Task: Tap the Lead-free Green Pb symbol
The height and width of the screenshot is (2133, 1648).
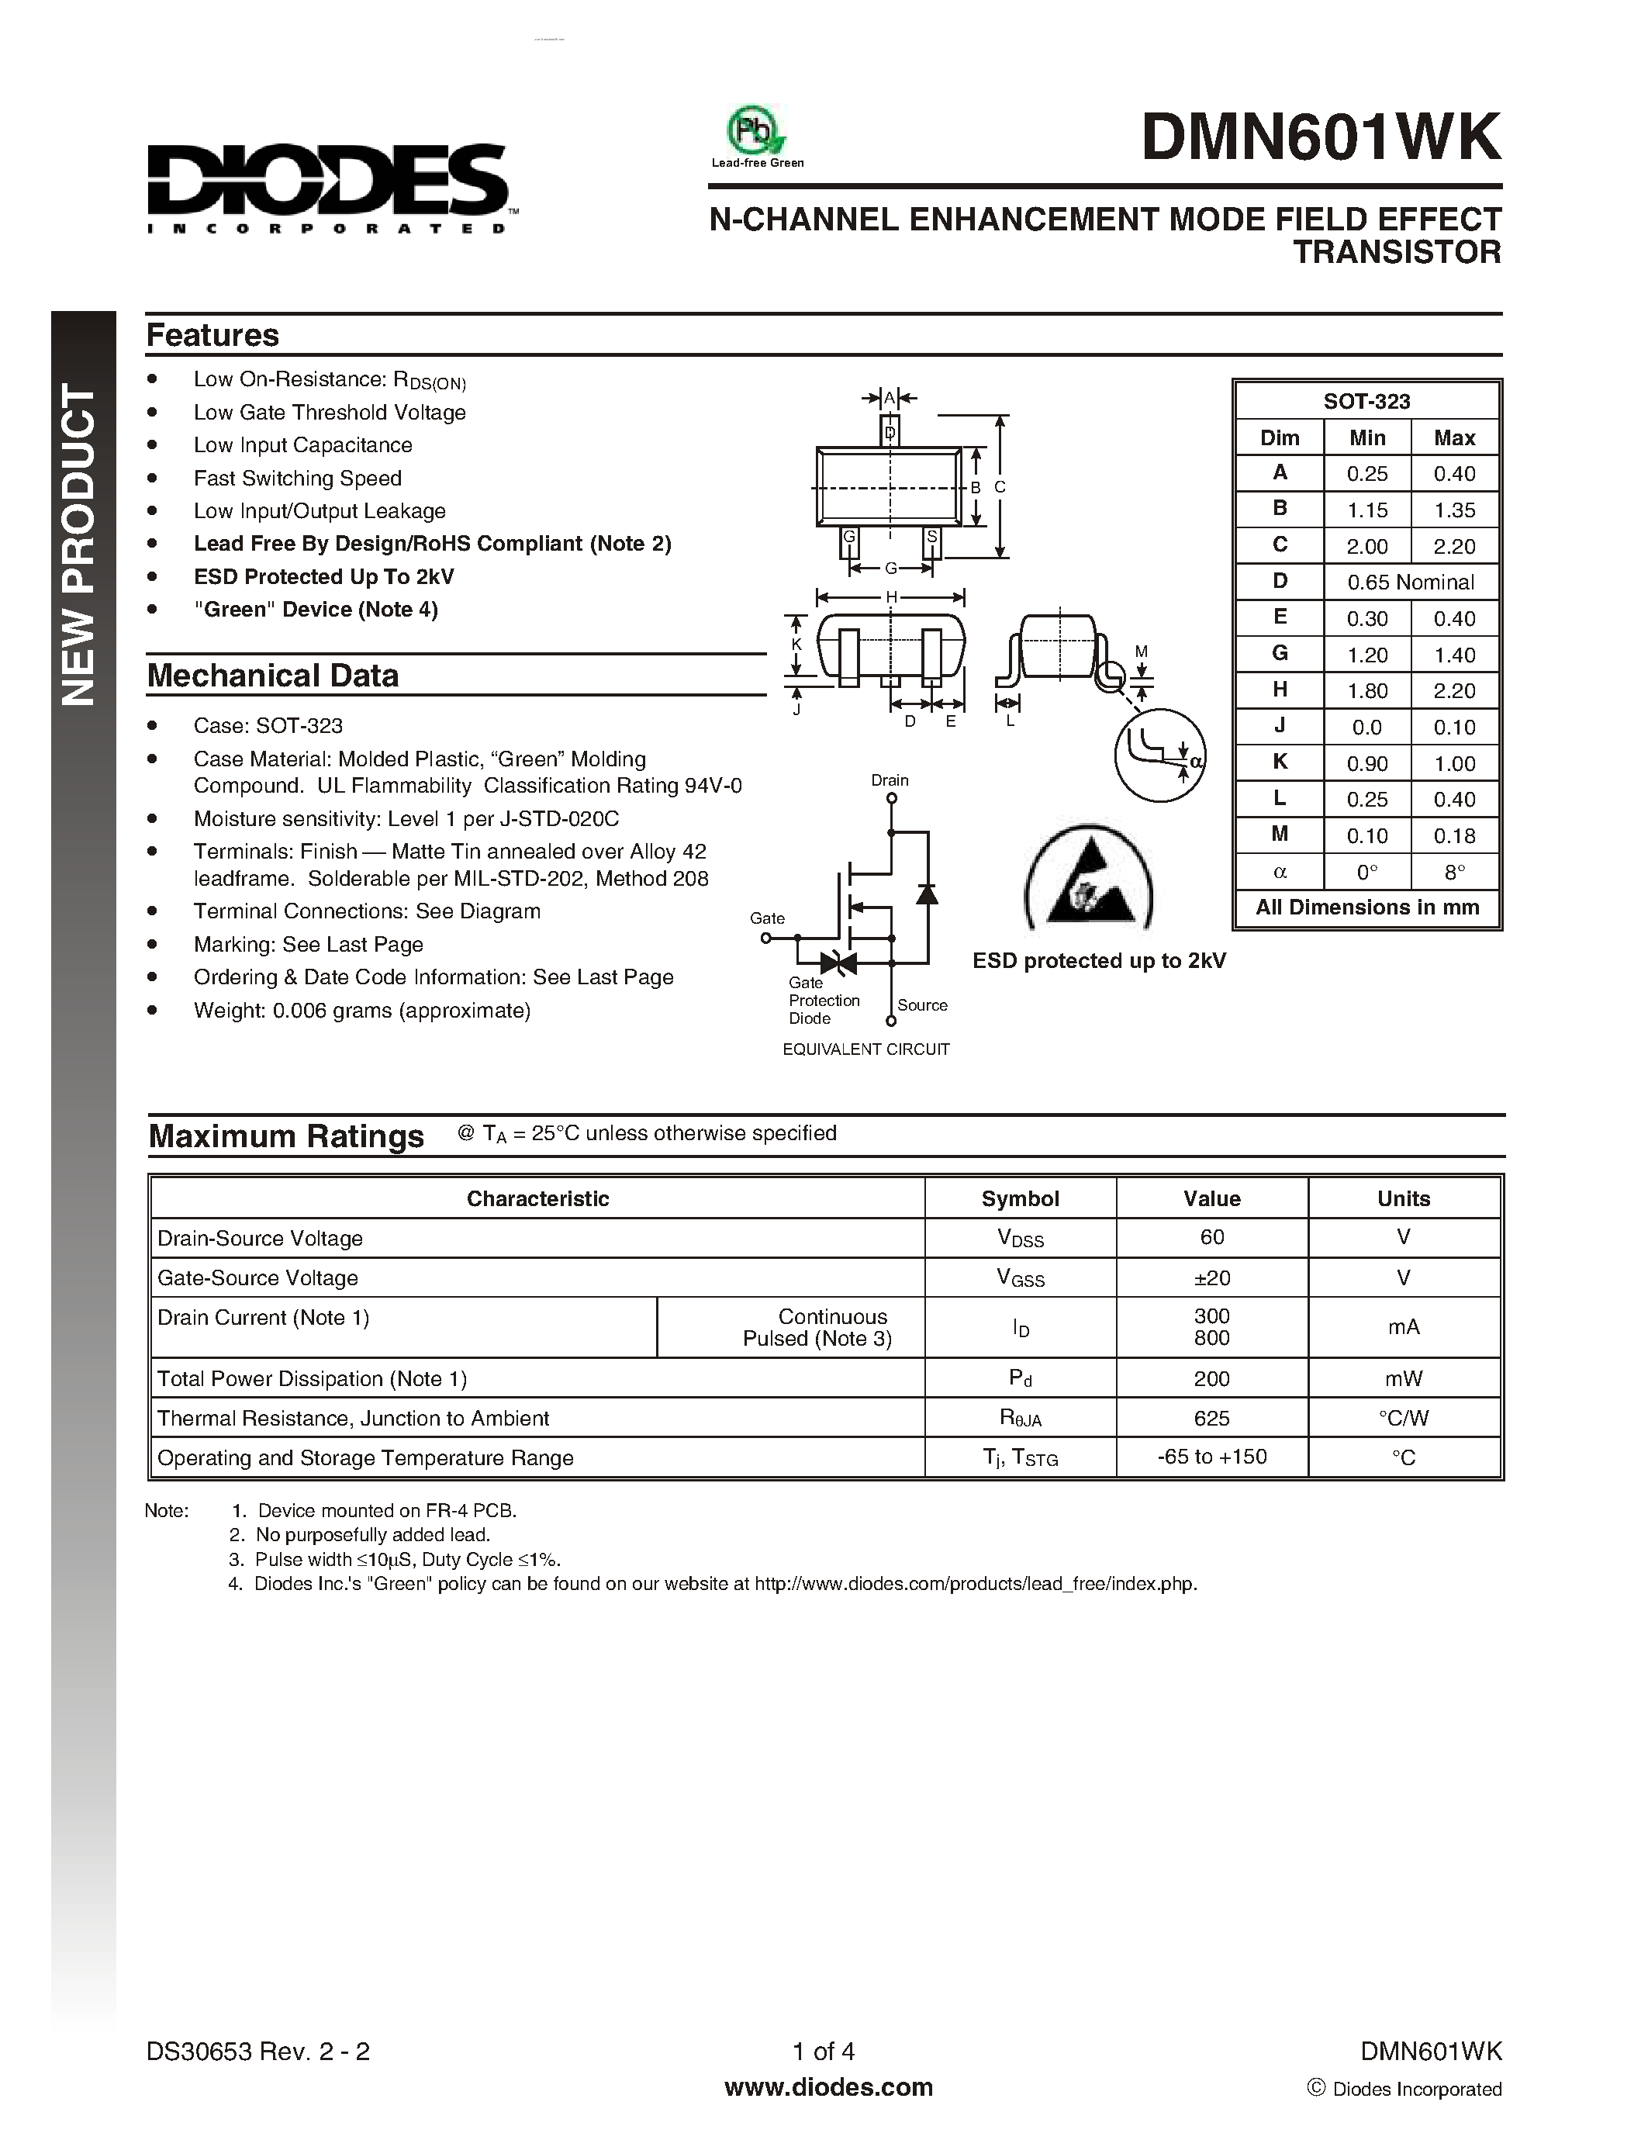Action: [755, 132]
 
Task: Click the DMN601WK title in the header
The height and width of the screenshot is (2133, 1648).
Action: [1320, 138]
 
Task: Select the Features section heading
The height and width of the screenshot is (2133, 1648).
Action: [212, 335]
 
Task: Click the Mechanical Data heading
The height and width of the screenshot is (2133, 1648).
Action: [272, 676]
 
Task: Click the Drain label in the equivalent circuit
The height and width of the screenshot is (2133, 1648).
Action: [890, 780]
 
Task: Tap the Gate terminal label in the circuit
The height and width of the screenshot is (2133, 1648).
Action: [766, 918]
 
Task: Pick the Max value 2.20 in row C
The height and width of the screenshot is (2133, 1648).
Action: [1453, 547]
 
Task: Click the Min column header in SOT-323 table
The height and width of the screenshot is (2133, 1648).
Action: [1366, 437]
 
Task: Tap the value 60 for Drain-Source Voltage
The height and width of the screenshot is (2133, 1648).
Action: [1211, 1237]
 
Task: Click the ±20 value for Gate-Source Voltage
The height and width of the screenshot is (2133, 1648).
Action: [1211, 1277]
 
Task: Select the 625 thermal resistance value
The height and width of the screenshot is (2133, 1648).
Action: [1211, 1418]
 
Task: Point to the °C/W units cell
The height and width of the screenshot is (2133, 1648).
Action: [1403, 1418]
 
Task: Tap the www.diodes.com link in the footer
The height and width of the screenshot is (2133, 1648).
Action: [828, 2087]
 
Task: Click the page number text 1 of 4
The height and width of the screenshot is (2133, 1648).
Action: [823, 2051]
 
